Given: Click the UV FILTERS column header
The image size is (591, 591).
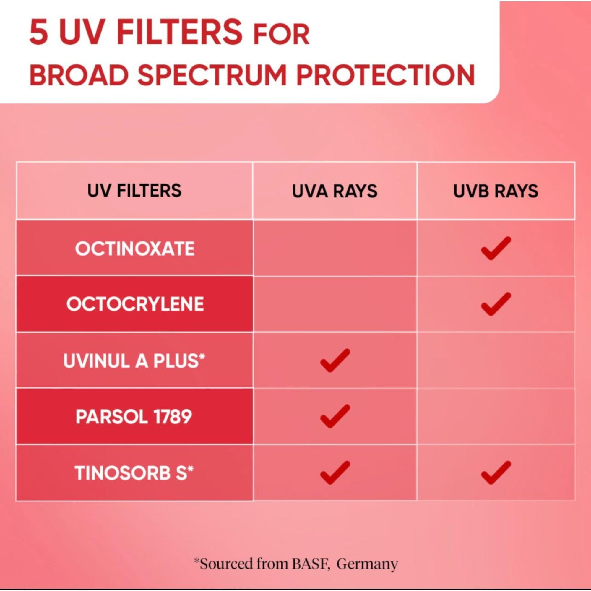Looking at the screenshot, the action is pyautogui.click(x=134, y=190).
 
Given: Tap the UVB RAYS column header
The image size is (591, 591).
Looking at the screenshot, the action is pyautogui.click(x=496, y=191).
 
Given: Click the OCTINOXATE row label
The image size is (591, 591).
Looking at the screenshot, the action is pyautogui.click(x=134, y=249).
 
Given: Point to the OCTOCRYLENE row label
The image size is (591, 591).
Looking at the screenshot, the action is pyautogui.click(x=135, y=304).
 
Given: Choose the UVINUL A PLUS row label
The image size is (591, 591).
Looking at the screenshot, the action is pyautogui.click(x=134, y=361).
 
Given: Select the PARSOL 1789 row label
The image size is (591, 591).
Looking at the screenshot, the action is pyautogui.click(x=134, y=416).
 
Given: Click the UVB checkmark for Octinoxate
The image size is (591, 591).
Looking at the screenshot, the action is pyautogui.click(x=496, y=249).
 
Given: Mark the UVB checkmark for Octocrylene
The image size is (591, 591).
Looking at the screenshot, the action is pyautogui.click(x=496, y=304).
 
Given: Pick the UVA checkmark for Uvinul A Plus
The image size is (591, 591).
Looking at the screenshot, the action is pyautogui.click(x=335, y=361).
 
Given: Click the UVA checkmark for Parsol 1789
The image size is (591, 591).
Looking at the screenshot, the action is pyautogui.click(x=335, y=416).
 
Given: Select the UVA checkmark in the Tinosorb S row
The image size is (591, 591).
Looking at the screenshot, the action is pyautogui.click(x=335, y=473).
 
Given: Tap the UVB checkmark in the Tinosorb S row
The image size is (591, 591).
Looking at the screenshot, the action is pyautogui.click(x=496, y=473).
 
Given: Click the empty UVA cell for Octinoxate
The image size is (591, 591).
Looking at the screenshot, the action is pyautogui.click(x=335, y=248).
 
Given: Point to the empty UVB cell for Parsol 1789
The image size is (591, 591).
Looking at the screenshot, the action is pyautogui.click(x=496, y=416).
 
